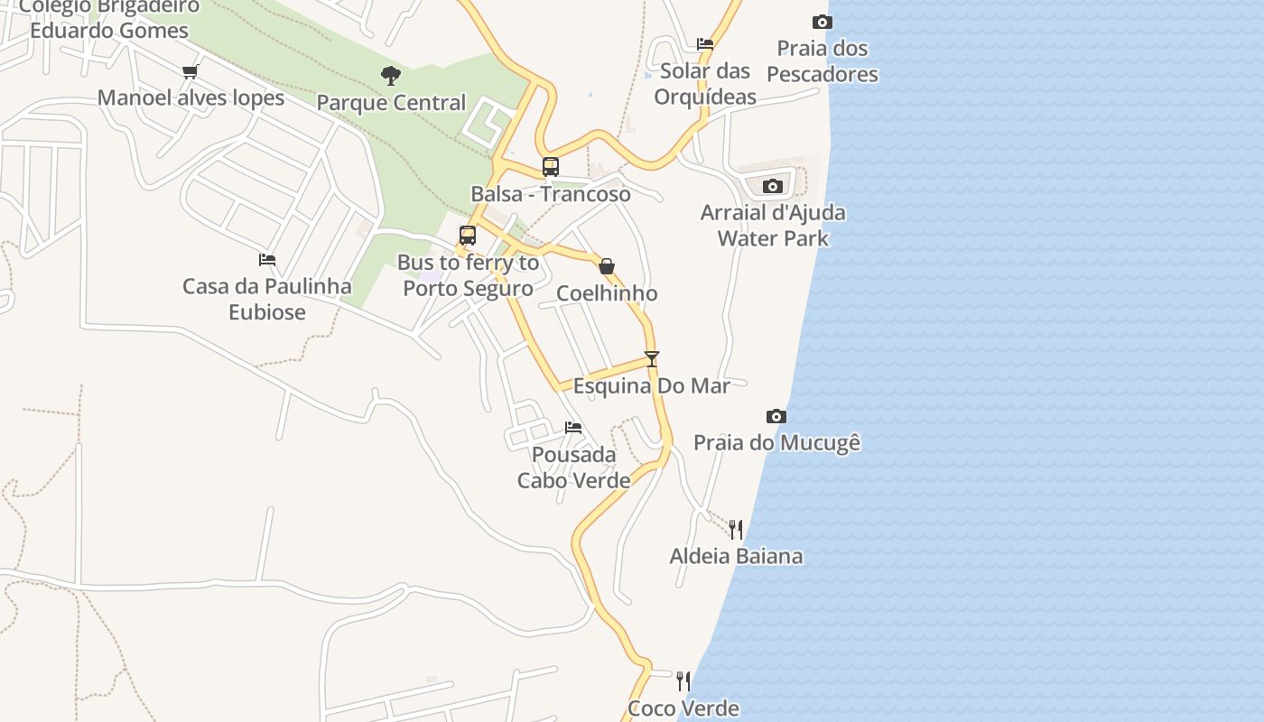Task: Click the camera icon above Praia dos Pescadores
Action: (822, 22)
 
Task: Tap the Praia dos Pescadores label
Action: (823, 61)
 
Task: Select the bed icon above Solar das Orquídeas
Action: (705, 43)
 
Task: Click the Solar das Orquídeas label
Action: (705, 84)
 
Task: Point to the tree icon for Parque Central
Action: (391, 76)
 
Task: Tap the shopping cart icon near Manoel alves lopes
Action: (190, 71)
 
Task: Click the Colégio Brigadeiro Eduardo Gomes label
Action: (109, 19)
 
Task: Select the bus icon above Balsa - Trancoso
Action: (551, 167)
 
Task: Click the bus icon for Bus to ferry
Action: (468, 236)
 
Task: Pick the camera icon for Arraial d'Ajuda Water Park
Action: (773, 186)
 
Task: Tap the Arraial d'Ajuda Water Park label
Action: (773, 226)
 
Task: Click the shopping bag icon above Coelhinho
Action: (607, 266)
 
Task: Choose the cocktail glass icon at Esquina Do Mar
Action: (652, 358)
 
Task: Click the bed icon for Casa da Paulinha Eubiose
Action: (267, 260)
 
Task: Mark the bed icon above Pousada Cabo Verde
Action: (573, 428)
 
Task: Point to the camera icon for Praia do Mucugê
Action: (776, 416)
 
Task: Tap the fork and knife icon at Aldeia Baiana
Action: (736, 529)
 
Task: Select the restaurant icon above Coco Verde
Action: (683, 681)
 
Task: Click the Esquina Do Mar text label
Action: (652, 386)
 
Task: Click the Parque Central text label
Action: (391, 103)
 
